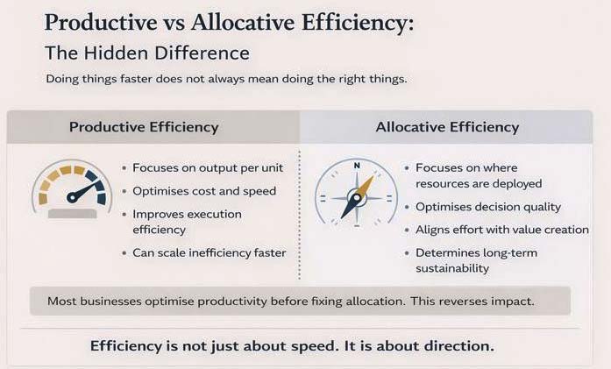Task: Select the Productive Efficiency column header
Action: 144,127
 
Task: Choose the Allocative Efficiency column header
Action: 447,127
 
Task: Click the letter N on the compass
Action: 356,166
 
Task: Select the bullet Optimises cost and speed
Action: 204,191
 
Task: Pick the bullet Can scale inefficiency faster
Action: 210,253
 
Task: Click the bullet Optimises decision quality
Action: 487,207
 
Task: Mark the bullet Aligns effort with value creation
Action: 502,230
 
